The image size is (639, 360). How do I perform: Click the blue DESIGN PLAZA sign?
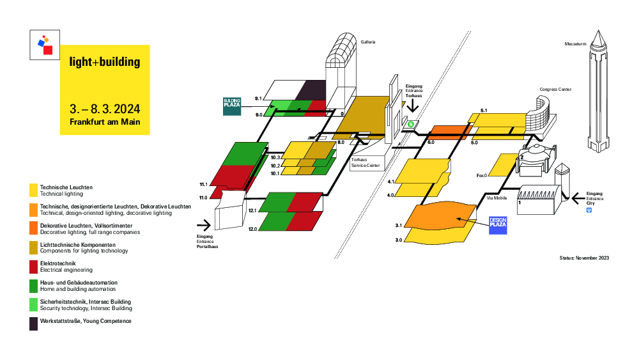point(498,226)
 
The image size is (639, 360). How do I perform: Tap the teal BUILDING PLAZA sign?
point(232,106)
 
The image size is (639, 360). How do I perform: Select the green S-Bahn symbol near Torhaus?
point(411,124)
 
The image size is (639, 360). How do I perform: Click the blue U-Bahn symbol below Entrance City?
point(589,210)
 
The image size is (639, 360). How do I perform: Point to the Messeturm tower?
point(598,91)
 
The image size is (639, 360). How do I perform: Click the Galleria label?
point(368,42)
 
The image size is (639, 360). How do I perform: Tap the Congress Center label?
point(555,90)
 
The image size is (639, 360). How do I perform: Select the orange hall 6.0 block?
point(449,132)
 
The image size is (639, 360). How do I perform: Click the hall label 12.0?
point(252,229)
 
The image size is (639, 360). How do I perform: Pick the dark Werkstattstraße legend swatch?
point(33,324)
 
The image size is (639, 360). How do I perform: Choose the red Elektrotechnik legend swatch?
point(33,267)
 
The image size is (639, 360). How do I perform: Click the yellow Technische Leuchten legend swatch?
point(33,191)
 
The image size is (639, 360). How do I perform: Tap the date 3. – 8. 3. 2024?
point(105,109)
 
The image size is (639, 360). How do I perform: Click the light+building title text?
point(105,61)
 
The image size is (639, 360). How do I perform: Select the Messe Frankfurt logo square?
point(45,45)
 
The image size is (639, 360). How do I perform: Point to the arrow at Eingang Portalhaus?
point(204,225)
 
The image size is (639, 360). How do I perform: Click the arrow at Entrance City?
point(578,199)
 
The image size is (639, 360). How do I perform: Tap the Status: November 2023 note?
point(585,258)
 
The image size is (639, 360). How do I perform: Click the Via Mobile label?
point(497,198)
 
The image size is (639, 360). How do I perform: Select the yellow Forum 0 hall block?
point(504,165)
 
